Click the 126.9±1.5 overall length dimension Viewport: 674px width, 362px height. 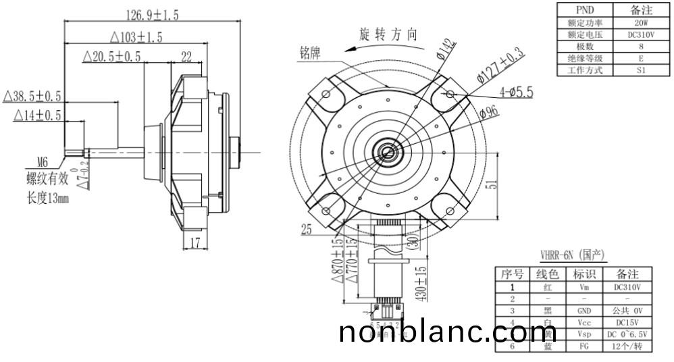153,14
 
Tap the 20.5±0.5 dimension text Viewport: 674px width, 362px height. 111,57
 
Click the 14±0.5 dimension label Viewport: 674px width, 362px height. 37,115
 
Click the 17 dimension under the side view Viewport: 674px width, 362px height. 195,243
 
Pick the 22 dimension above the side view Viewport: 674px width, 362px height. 186,57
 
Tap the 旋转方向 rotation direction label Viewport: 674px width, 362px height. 388,34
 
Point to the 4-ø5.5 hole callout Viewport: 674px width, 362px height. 516,91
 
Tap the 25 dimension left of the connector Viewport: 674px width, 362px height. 307,230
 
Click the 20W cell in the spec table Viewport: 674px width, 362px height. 641,22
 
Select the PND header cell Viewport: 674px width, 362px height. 584,10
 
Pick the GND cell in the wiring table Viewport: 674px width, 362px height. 584,311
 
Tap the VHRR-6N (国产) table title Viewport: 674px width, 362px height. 572,255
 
